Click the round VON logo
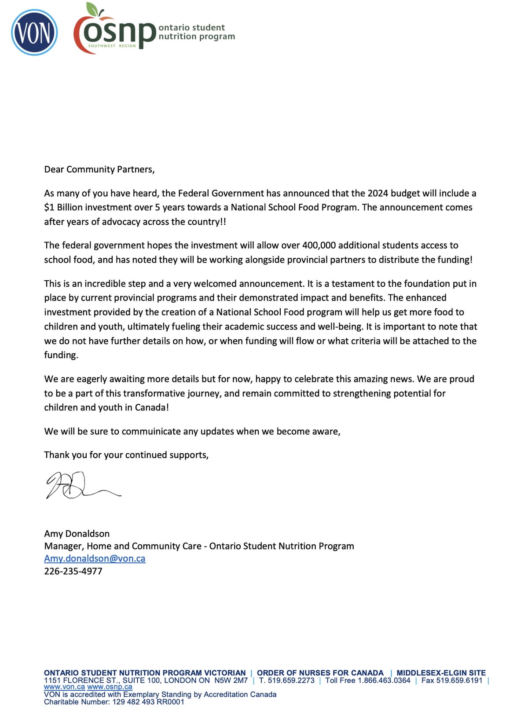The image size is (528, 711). pyautogui.click(x=34, y=33)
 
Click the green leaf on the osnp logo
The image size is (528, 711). pyautogui.click(x=92, y=8)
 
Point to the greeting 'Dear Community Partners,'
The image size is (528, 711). pyautogui.click(x=99, y=169)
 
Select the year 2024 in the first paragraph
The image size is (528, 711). pyautogui.click(x=378, y=193)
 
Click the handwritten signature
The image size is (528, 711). pyautogui.click(x=79, y=485)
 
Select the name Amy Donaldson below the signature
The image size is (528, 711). pyautogui.click(x=77, y=534)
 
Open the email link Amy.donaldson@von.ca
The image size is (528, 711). pyautogui.click(x=95, y=558)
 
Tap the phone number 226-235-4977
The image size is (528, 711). pyautogui.click(x=73, y=571)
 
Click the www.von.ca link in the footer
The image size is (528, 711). pyautogui.click(x=64, y=687)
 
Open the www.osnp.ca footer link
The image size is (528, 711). pyautogui.click(x=110, y=687)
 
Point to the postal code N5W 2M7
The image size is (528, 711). pyautogui.click(x=231, y=680)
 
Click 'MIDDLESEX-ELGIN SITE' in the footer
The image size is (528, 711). pyautogui.click(x=441, y=673)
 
